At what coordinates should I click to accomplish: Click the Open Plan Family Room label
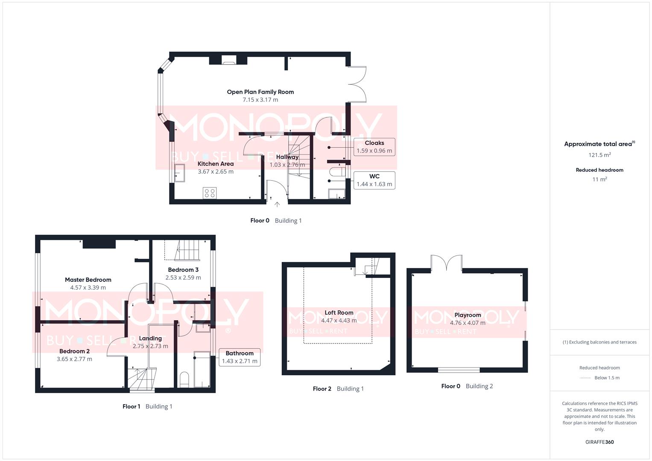click(x=260, y=92)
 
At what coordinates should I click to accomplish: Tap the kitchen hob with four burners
click(x=210, y=193)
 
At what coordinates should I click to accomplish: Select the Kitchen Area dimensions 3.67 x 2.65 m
click(x=216, y=172)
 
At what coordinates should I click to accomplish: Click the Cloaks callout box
click(x=374, y=146)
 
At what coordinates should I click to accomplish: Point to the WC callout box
click(x=374, y=180)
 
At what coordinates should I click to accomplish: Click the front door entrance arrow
click(x=277, y=204)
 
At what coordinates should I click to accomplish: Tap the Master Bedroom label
click(x=88, y=280)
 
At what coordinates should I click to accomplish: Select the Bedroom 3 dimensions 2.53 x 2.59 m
click(x=183, y=277)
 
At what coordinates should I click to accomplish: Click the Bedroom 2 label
click(x=74, y=351)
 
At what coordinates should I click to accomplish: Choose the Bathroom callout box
click(x=239, y=357)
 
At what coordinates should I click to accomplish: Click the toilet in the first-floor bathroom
click(x=184, y=380)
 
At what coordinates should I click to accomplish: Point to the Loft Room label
click(x=339, y=312)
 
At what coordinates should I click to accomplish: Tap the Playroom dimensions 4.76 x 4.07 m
click(x=468, y=323)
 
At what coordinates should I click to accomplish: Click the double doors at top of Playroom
click(x=446, y=263)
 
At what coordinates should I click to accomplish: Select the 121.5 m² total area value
click(x=599, y=155)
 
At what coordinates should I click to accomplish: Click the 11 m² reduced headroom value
click(x=599, y=179)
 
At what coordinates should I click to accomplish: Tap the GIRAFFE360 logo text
click(x=599, y=442)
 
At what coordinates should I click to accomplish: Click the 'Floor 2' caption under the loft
click(x=322, y=389)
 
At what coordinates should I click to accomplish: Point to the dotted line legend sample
click(x=585, y=378)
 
